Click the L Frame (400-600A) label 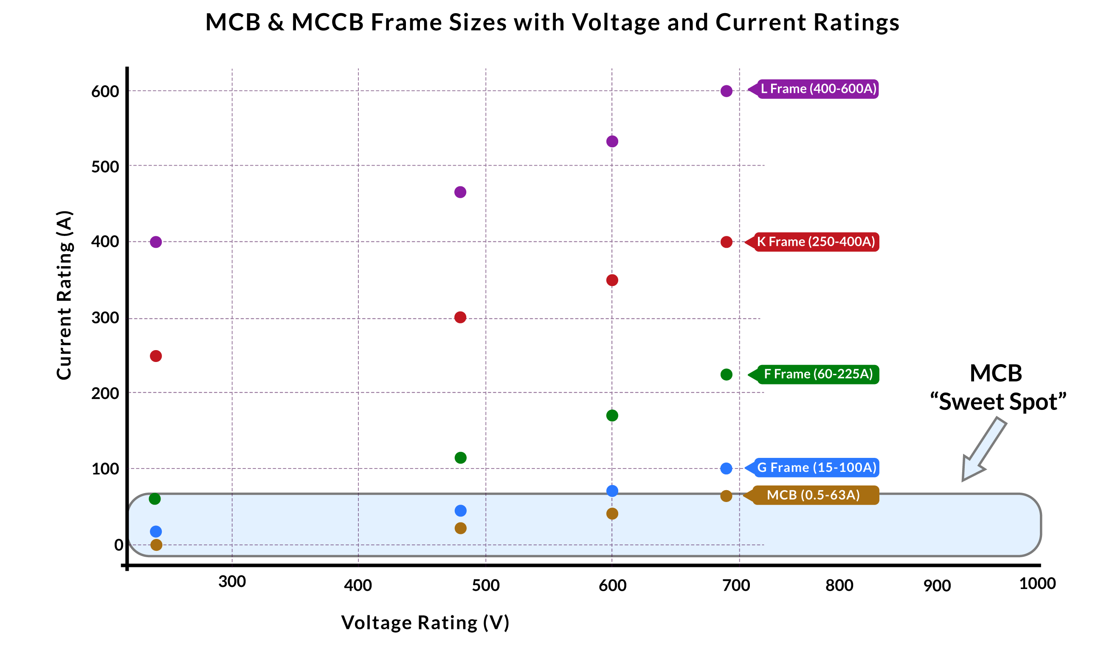tap(818, 89)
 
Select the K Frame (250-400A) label tap(815, 242)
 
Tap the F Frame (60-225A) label tap(817, 374)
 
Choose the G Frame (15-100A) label tap(816, 468)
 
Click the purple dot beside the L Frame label tap(727, 91)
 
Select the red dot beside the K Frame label tap(727, 242)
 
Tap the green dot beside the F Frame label tap(727, 375)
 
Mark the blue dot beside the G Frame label tap(727, 468)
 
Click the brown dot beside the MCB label tap(727, 496)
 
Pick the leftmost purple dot tap(156, 242)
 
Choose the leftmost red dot tap(156, 356)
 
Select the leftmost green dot tap(155, 499)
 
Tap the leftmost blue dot tap(156, 532)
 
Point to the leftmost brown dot tap(156, 545)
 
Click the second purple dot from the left tap(460, 192)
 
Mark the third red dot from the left tap(612, 280)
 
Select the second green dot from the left tap(460, 458)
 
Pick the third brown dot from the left tap(612, 513)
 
